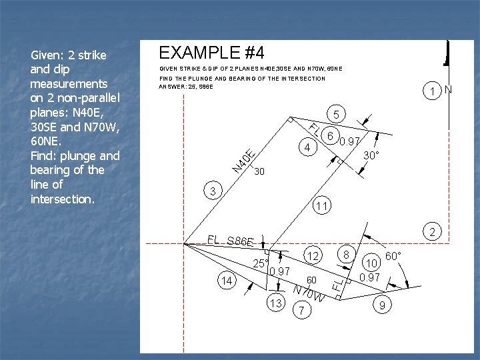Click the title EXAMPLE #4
pyautogui.click(x=211, y=51)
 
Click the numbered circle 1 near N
pyautogui.click(x=433, y=91)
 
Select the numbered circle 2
pyautogui.click(x=432, y=233)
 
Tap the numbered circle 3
pyautogui.click(x=213, y=192)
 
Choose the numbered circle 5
pyautogui.click(x=329, y=135)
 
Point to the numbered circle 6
pyautogui.click(x=303, y=311)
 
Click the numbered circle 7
pyautogui.click(x=347, y=254)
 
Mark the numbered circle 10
pyautogui.click(x=321, y=206)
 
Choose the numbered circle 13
pyautogui.click(x=227, y=281)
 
